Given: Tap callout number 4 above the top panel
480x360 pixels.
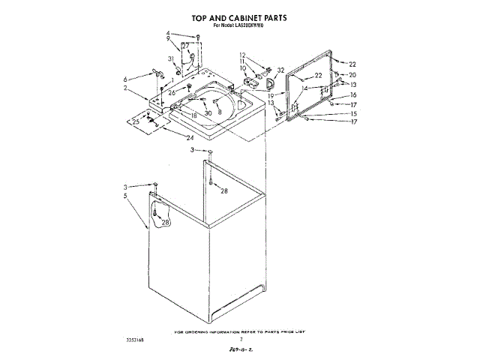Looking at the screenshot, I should (x=169, y=33).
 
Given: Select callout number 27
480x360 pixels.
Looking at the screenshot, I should (x=185, y=46).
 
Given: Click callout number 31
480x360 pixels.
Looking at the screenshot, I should (x=172, y=58).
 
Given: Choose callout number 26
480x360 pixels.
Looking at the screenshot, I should (x=172, y=93).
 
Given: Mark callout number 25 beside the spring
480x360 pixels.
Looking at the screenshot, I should (x=136, y=121).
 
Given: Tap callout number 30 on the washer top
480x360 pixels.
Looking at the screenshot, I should (x=208, y=112).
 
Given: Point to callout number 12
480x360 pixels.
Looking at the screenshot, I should (x=243, y=55).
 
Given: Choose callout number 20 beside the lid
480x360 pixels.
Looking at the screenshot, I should (x=352, y=75).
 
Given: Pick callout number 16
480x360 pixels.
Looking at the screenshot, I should (x=353, y=95).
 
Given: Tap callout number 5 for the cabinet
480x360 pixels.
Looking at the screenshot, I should (x=126, y=196).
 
